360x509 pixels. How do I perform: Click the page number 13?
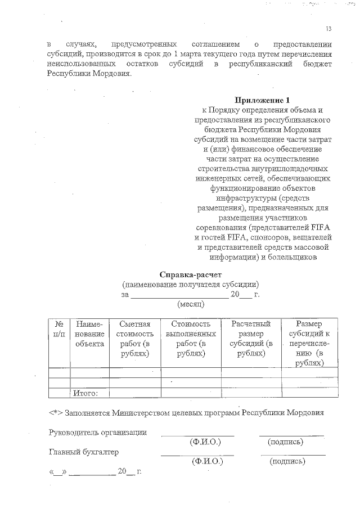(328, 29)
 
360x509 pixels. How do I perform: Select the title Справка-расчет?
(190, 275)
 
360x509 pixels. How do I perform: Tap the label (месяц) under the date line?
(191, 304)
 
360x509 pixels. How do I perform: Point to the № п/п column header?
(58, 329)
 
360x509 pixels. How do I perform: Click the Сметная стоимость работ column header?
(135, 339)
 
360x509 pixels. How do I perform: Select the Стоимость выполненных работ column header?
(191, 339)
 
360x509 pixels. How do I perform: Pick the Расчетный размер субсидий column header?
(251, 339)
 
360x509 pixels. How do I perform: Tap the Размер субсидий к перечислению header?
(309, 343)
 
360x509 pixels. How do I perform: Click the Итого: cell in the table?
(86, 393)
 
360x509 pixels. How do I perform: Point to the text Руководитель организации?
(98, 433)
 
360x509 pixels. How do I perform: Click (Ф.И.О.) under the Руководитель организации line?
(205, 442)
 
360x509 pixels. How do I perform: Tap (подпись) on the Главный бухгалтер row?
(288, 461)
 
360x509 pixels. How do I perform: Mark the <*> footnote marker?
(55, 412)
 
